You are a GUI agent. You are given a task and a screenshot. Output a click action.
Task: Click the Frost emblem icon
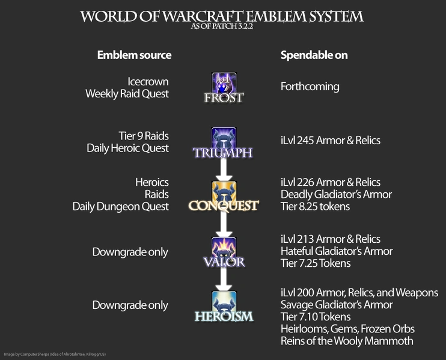click(224, 84)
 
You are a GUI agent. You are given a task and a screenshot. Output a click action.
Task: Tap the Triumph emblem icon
click(224, 138)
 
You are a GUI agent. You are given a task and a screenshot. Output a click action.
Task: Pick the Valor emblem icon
click(224, 248)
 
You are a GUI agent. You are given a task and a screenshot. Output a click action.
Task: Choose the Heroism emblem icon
click(224, 302)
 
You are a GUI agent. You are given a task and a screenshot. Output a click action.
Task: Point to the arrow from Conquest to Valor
click(224, 224)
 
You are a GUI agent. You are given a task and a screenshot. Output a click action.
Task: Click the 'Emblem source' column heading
click(134, 55)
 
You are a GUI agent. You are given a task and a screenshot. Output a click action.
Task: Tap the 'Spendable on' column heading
click(314, 55)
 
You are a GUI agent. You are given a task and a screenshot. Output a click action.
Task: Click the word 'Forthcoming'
click(310, 87)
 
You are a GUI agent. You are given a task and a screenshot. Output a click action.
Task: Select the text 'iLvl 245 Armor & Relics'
click(330, 141)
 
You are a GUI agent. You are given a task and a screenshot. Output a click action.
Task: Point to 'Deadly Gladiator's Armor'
click(336, 194)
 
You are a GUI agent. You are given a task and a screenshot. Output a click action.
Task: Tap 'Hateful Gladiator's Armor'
click(337, 251)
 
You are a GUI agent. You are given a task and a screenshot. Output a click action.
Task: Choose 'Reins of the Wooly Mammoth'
click(347, 341)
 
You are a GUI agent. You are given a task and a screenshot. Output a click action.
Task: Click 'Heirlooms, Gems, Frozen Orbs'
click(347, 329)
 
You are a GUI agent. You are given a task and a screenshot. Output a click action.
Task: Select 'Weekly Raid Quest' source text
click(127, 94)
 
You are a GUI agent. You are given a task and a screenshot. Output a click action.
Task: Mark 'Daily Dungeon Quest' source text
click(120, 206)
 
